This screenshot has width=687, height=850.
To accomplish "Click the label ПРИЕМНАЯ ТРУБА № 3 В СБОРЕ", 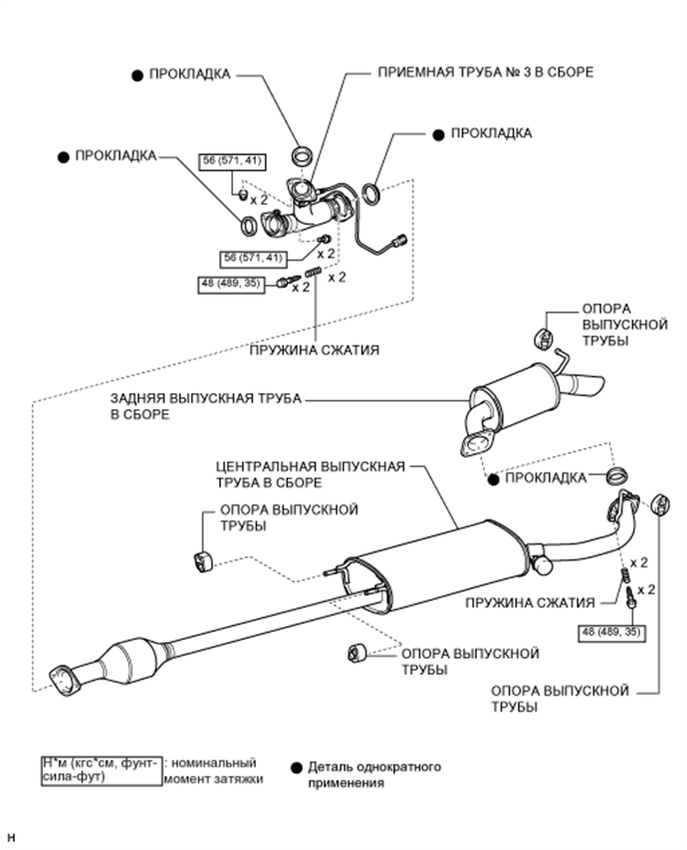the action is point(485,72).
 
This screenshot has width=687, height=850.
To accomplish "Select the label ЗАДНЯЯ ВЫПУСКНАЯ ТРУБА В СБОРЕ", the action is point(205,406).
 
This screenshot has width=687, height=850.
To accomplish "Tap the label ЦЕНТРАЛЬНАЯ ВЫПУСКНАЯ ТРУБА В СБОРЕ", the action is point(311,475).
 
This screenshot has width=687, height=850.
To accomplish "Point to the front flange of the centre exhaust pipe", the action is point(62,677).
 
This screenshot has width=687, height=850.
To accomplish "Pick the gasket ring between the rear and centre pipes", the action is point(617,476).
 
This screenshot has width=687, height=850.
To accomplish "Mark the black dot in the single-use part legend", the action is point(296,767).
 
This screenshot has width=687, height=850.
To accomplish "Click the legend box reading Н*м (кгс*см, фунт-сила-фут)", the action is point(102,770).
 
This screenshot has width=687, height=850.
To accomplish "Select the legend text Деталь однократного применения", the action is point(374,774).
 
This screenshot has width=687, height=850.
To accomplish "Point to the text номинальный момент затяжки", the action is point(213,770).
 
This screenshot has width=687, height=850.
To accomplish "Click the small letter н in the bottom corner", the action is point(12,838).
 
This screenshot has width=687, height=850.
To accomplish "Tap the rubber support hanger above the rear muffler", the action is point(543,337).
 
